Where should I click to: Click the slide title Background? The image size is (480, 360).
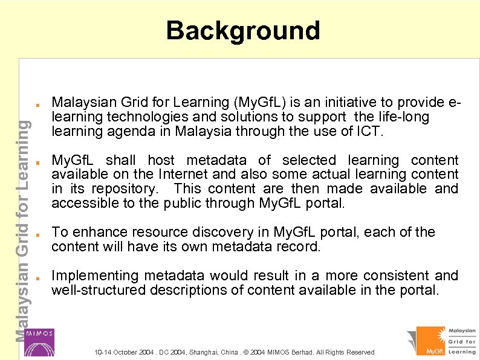pos(243,30)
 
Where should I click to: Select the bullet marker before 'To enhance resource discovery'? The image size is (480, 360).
pos(37,233)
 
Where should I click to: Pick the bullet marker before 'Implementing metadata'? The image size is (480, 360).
pos(37,277)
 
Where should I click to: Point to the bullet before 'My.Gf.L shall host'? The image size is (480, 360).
pos(37,161)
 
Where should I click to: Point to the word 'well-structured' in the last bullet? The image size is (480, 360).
pos(98,290)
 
